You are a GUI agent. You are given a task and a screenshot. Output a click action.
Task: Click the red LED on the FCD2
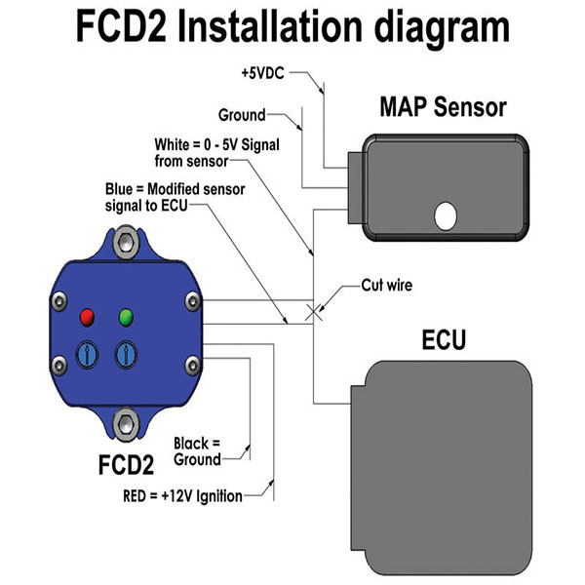point(86,318)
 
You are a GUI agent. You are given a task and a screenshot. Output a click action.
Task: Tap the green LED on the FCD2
point(124,317)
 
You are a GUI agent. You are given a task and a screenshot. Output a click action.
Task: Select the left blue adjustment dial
point(86,352)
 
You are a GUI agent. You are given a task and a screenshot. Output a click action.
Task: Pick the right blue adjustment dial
point(125,352)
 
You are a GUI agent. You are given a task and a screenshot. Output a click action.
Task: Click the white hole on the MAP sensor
point(446,215)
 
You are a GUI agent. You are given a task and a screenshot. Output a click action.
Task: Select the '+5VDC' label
point(262,72)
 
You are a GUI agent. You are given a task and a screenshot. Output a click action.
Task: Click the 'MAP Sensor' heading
point(444,104)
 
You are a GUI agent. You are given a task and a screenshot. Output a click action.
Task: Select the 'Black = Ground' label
point(197,449)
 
